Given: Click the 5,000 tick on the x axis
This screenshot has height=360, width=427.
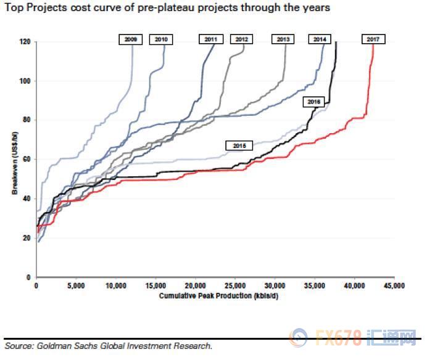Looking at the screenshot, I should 76,286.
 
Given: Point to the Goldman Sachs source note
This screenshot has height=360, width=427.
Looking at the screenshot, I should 108,346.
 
